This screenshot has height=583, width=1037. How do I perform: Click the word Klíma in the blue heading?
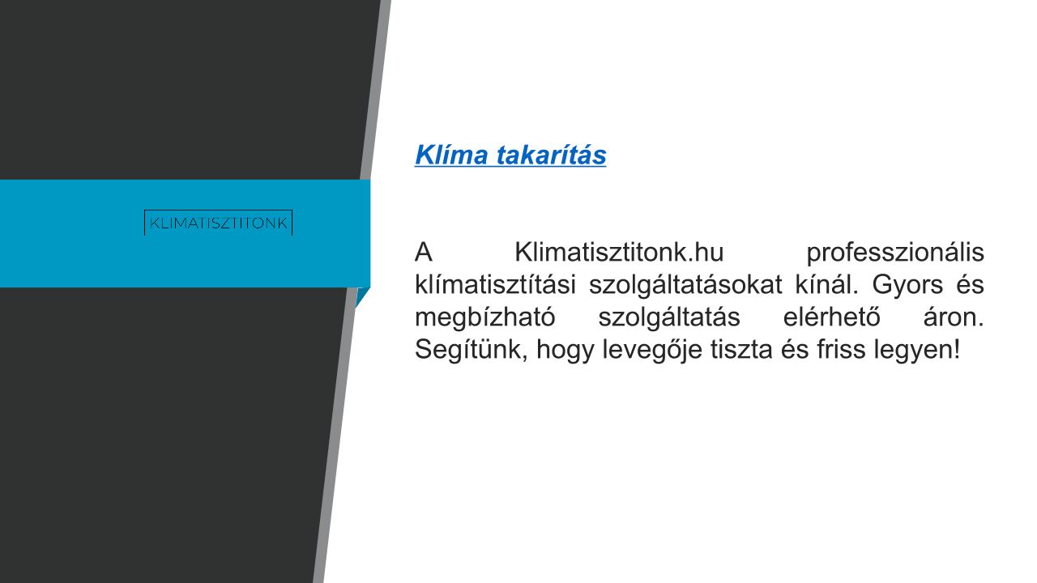(451, 155)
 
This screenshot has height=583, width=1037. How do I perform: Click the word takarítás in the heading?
(552, 155)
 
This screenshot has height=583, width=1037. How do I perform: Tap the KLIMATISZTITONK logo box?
(219, 223)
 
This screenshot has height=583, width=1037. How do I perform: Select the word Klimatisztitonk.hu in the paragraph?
(619, 253)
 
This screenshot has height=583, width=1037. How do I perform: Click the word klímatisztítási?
(495, 284)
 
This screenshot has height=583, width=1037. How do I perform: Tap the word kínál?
(827, 284)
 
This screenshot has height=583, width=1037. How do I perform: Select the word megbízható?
(484, 318)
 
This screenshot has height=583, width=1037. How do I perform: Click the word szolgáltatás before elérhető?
(669, 318)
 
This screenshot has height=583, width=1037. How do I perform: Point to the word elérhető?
(831, 317)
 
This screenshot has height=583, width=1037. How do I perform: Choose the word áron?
(954, 317)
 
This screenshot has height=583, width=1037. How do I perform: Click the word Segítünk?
(472, 351)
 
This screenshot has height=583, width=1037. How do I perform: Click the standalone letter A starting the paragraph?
(423, 253)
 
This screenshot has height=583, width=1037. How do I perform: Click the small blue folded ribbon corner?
(361, 296)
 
